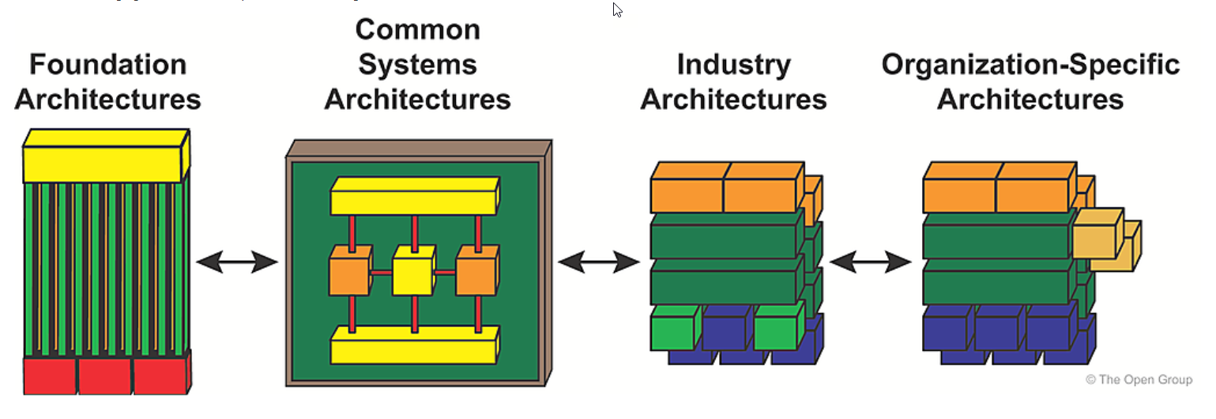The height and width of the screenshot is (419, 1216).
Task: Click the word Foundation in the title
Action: pos(107,64)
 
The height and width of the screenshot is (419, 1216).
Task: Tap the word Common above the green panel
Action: pos(417,29)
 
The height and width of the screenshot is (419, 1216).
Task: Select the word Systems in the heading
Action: pos(417,64)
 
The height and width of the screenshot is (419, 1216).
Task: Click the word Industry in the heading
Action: pos(733,64)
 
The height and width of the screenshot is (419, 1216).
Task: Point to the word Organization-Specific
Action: pos(1030,64)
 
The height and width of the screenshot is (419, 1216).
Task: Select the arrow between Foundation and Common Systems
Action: pos(237,262)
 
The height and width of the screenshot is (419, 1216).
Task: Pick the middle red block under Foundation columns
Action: pos(104,376)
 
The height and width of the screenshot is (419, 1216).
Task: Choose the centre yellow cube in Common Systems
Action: pos(412,273)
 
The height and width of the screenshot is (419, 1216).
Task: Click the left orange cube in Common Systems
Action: pos(349,273)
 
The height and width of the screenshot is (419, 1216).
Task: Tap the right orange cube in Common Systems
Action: pos(476,273)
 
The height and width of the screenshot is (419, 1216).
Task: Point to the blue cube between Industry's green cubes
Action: pos(725,330)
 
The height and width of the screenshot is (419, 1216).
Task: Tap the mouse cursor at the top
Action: pos(617,9)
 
